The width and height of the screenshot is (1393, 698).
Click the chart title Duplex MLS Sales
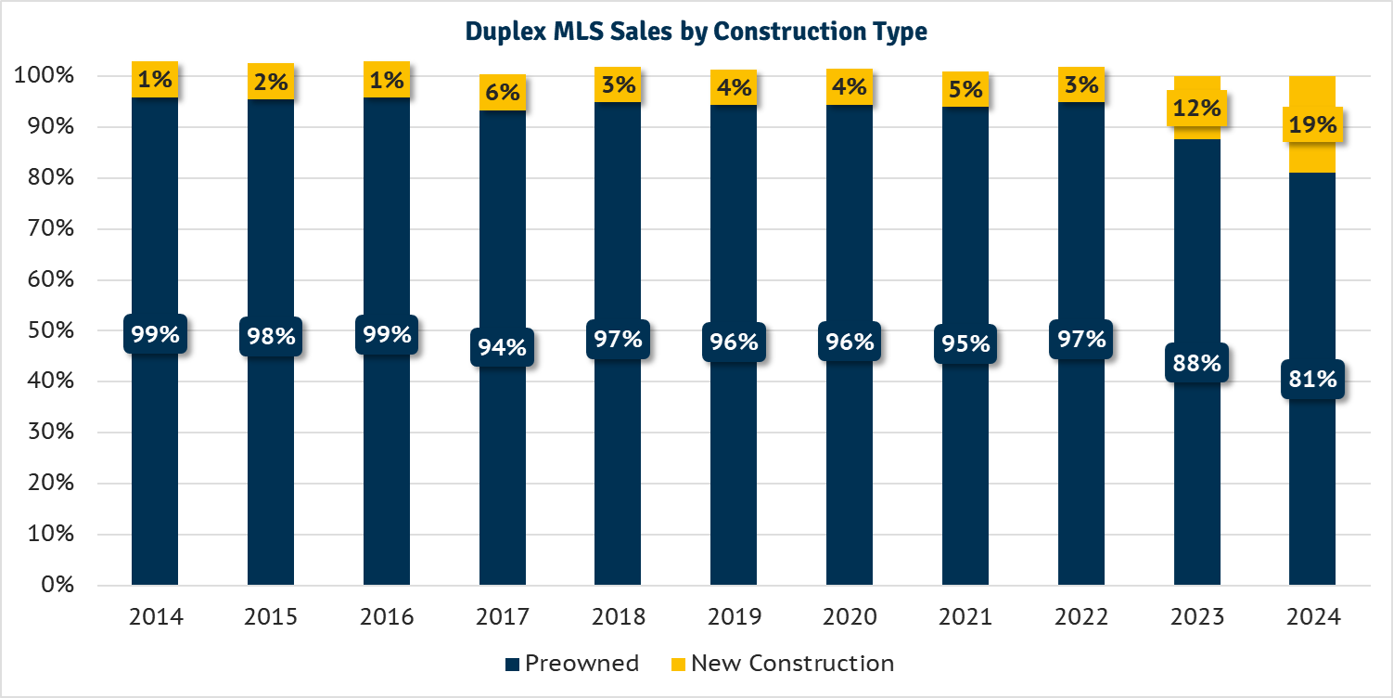(696, 32)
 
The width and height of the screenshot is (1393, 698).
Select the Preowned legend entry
(571, 664)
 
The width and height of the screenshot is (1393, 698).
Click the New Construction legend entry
(782, 664)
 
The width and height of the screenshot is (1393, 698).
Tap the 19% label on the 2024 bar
(1312, 124)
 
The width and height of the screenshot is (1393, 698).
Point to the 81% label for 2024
(1312, 379)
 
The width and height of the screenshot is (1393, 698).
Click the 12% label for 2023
(1196, 108)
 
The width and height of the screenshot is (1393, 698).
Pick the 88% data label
(1196, 362)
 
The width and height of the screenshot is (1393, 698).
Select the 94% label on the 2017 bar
(502, 347)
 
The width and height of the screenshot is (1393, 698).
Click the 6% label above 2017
(502, 92)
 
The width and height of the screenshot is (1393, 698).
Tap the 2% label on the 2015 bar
(271, 82)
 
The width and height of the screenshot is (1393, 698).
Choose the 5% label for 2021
(965, 89)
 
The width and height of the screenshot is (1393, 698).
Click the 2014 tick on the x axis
(155, 617)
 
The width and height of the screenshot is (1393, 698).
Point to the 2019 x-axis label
(734, 617)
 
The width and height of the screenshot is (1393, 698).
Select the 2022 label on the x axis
(1081, 617)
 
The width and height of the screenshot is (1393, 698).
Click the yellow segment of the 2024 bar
(1312, 158)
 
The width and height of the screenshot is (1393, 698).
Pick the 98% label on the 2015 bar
(271, 336)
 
